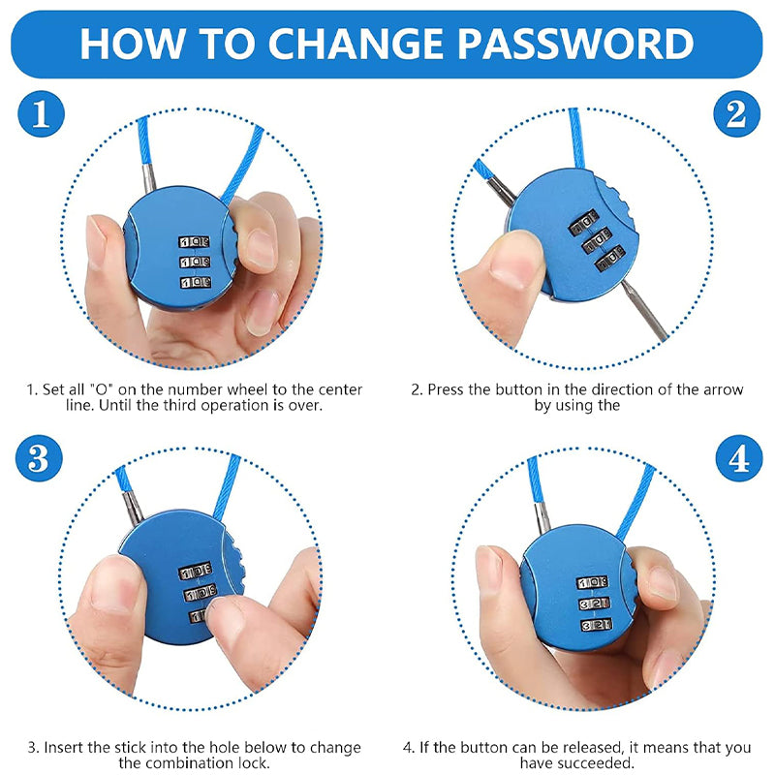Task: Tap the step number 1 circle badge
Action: (40, 115)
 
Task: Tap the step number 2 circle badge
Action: (736, 115)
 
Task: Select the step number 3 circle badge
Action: (40, 458)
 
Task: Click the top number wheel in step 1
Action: (195, 242)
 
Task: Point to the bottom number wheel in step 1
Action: (195, 283)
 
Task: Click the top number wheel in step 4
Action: (592, 582)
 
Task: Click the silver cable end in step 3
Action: (133, 508)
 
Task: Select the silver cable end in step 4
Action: (543, 512)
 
